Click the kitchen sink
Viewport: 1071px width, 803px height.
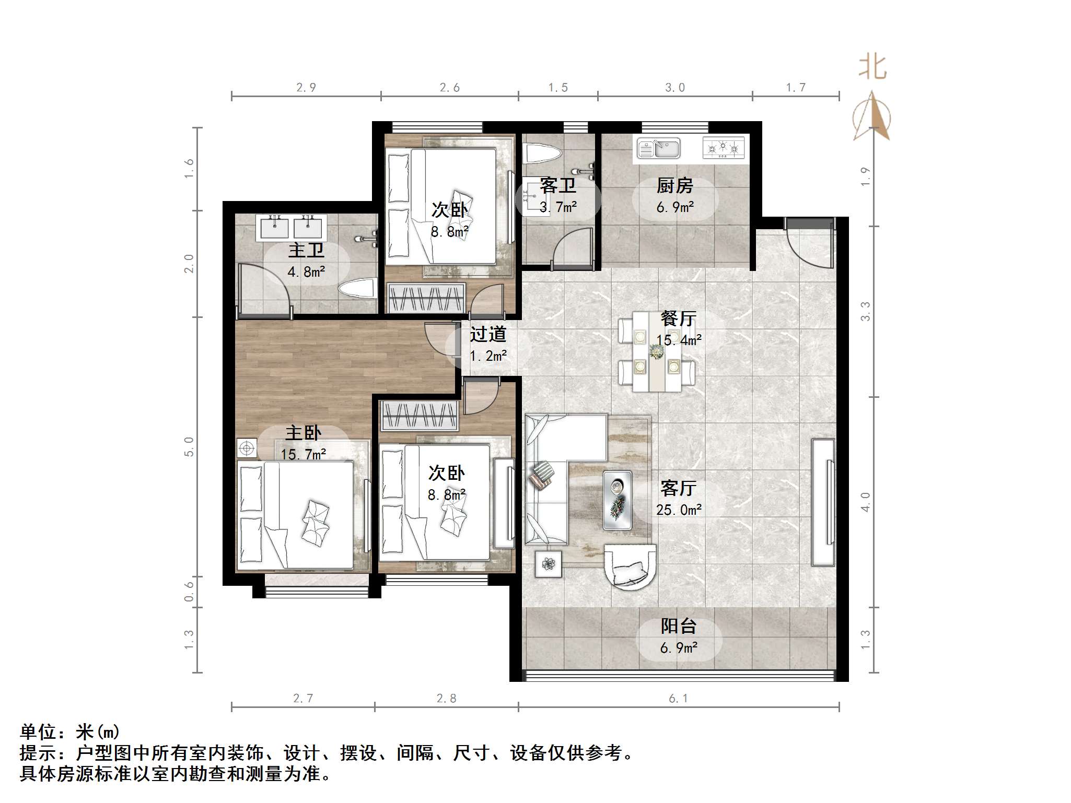point(659,148)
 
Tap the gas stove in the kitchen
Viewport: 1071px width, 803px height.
point(723,148)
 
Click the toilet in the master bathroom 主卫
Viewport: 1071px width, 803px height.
point(357,289)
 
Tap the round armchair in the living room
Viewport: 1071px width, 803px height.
point(630,565)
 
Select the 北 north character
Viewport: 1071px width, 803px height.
point(872,68)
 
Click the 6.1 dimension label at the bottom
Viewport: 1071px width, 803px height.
point(678,699)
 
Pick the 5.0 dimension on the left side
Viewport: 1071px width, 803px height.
point(189,447)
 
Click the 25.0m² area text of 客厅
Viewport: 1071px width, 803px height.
point(679,510)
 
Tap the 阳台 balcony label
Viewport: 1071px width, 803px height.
point(678,626)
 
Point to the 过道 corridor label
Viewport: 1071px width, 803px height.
point(487,335)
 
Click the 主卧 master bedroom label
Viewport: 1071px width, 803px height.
point(303,433)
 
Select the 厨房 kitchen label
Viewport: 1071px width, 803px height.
point(674,185)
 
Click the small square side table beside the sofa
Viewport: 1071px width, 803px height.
point(548,564)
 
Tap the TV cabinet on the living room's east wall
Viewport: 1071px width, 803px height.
point(823,502)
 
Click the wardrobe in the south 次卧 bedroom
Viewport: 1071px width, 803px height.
point(419,416)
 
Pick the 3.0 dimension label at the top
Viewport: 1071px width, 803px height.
point(674,88)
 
